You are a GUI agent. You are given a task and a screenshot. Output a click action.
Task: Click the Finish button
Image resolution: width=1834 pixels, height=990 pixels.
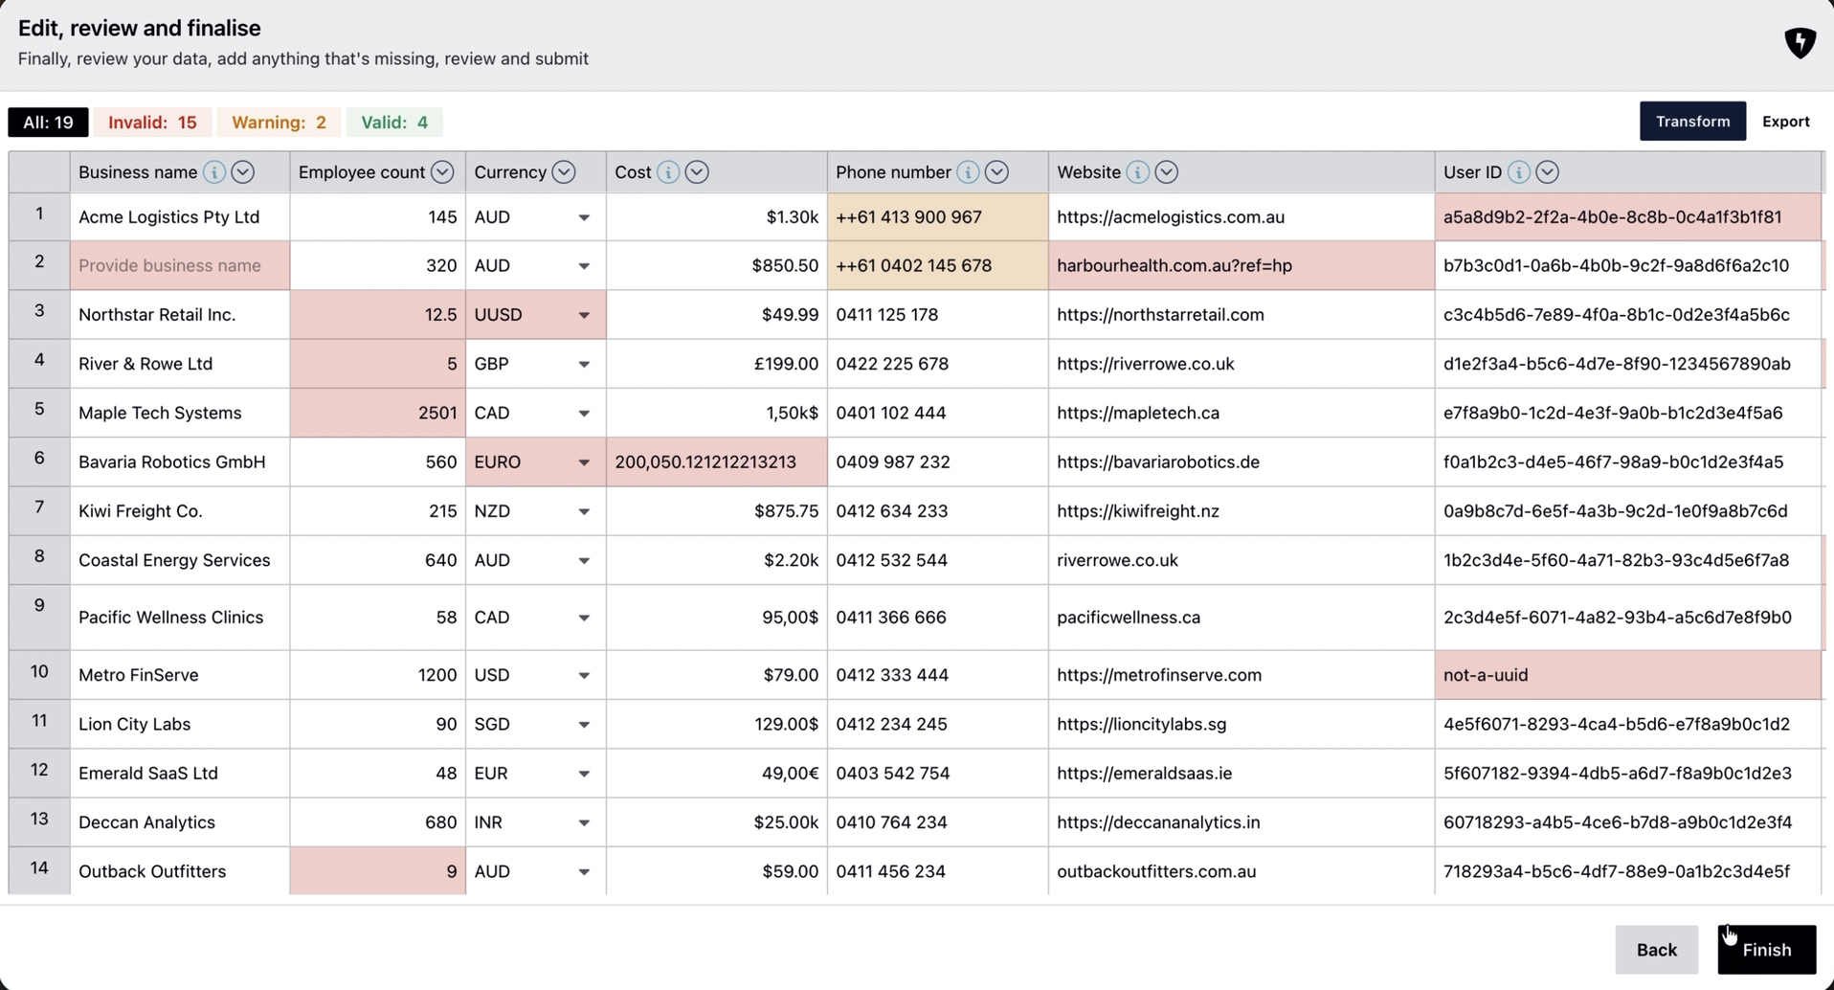(1766, 949)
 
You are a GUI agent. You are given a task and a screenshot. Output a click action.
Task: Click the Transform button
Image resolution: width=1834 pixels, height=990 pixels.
(1691, 122)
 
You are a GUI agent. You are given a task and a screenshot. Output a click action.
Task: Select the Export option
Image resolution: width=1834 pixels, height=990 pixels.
(1785, 122)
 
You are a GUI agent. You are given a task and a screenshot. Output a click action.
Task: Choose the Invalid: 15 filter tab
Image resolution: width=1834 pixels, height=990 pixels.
(152, 123)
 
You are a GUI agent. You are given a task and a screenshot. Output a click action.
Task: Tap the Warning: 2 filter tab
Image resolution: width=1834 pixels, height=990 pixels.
(279, 123)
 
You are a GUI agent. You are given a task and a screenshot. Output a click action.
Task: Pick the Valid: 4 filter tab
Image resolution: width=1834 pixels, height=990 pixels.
(393, 123)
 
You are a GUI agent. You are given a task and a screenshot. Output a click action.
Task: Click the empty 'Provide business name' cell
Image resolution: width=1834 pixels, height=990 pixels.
(179, 265)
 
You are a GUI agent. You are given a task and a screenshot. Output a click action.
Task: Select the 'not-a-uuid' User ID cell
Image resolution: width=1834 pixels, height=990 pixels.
(1626, 675)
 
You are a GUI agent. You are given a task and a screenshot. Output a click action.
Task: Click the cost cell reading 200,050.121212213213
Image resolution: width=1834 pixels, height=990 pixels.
(715, 462)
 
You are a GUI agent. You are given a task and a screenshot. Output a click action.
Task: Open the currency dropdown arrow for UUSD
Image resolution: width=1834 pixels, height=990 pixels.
(583, 315)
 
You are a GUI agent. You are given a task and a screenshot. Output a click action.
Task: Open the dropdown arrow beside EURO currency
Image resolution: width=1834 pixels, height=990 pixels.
(583, 462)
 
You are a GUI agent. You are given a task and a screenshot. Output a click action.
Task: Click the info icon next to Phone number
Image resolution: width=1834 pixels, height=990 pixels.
(968, 172)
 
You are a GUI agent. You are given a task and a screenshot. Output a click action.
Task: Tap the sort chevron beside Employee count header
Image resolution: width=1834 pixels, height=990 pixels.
(442, 172)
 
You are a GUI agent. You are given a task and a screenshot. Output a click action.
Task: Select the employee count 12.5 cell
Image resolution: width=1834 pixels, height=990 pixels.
(377, 315)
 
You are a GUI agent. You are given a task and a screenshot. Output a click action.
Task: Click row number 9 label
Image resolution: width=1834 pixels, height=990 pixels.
(39, 605)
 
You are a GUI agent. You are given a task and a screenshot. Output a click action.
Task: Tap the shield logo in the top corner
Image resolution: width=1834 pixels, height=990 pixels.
(1800, 42)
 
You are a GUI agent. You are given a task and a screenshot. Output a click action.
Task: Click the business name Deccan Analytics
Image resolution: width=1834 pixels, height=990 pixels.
(147, 822)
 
